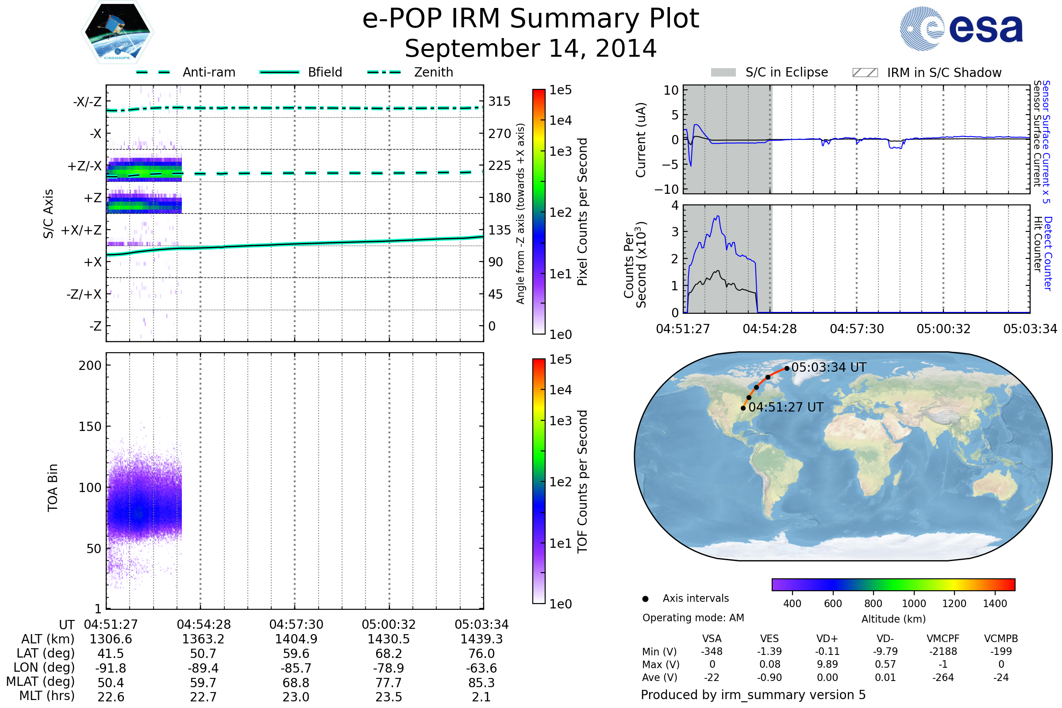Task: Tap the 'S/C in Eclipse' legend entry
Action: tap(770, 72)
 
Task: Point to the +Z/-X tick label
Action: tap(85, 166)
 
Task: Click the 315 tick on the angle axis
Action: tap(500, 102)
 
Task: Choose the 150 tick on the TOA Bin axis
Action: tap(90, 427)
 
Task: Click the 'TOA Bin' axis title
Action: tap(53, 488)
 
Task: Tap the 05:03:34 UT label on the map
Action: tap(829, 368)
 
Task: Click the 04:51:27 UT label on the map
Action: tap(786, 407)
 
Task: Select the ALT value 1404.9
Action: tap(296, 639)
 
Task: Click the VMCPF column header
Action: tap(943, 639)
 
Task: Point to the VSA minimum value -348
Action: tap(712, 651)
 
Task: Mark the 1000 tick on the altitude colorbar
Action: tap(914, 604)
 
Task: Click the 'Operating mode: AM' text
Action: tap(693, 618)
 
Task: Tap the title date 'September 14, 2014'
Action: tap(531, 49)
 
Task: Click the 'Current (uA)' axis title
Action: tap(641, 140)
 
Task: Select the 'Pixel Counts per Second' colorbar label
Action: tap(582, 212)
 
